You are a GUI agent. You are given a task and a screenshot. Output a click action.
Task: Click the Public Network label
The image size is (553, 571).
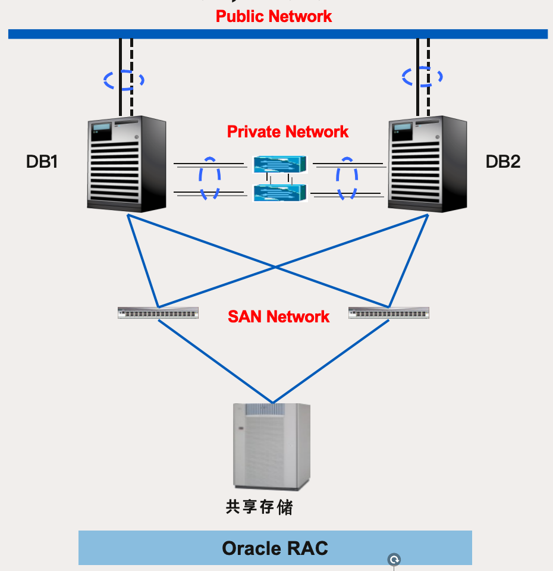click(x=274, y=16)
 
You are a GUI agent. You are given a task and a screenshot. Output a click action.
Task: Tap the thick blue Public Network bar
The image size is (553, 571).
click(x=278, y=34)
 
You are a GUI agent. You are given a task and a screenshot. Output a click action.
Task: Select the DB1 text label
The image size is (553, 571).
click(x=42, y=161)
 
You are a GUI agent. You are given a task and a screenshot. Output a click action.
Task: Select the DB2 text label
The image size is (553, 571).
click(x=503, y=161)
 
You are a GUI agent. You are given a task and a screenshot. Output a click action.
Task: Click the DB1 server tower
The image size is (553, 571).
click(x=127, y=164)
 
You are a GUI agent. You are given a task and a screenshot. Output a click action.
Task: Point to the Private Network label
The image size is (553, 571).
click(x=288, y=131)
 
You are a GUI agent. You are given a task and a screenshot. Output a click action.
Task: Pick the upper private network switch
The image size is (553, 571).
click(x=279, y=165)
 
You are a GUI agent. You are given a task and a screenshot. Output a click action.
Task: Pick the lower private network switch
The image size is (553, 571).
click(x=279, y=193)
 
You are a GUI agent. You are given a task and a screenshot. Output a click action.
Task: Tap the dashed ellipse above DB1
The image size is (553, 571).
click(x=124, y=80)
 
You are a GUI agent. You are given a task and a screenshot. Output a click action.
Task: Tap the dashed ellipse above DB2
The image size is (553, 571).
click(x=422, y=77)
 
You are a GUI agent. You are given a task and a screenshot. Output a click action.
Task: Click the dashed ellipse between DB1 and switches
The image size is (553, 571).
click(x=209, y=178)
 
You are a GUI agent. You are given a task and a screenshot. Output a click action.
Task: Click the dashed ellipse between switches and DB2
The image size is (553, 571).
click(x=347, y=178)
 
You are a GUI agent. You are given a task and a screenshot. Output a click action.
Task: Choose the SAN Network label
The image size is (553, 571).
click(x=278, y=316)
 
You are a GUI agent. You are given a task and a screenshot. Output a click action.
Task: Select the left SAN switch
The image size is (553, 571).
click(x=158, y=313)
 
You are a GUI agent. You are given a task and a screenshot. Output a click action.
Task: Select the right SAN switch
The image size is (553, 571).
click(x=388, y=313)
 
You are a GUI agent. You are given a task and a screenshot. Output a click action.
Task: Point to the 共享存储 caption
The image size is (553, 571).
click(x=259, y=507)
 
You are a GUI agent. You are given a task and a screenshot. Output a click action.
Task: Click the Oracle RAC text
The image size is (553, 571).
click(x=275, y=548)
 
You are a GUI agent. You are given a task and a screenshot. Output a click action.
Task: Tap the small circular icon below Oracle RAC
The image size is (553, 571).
click(x=394, y=560)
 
